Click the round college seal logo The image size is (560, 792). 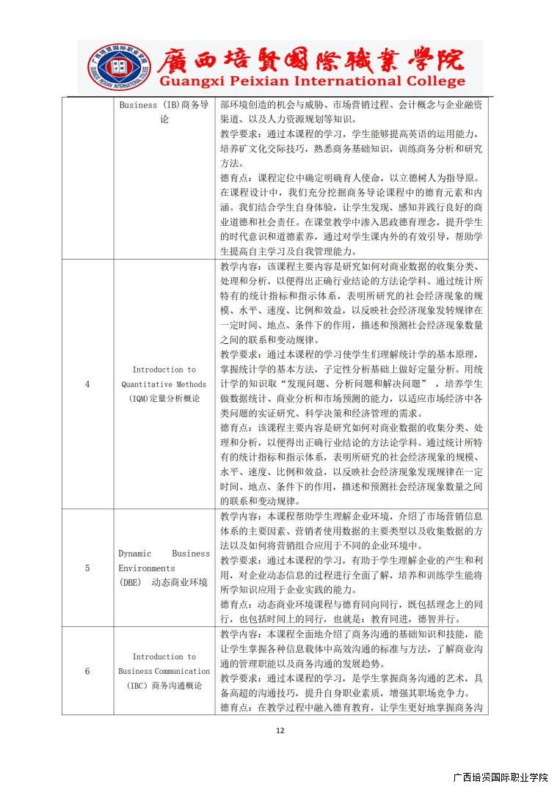[x=117, y=67]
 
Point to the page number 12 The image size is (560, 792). [x=280, y=730]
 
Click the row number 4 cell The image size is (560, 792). [x=87, y=384]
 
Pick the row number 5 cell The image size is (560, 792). [x=87, y=568]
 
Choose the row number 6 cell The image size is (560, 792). [x=87, y=671]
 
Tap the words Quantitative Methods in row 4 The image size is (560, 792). [x=164, y=384]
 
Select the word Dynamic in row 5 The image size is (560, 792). [x=136, y=554]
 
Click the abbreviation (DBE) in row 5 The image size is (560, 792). [x=131, y=583]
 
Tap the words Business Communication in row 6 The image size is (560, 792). [x=164, y=671]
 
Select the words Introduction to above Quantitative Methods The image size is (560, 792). [x=164, y=370]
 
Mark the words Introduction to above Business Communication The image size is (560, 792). [x=164, y=657]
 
